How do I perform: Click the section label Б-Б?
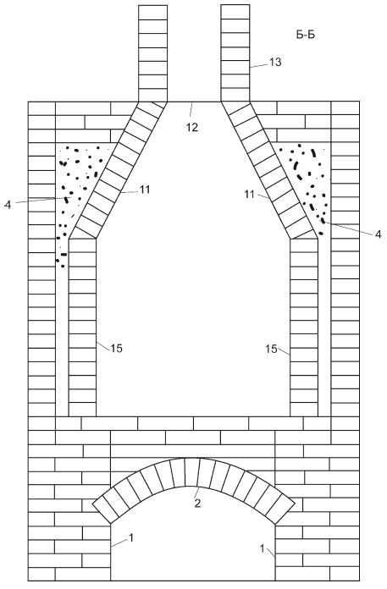pos(305,35)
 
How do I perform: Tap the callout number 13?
pos(275,63)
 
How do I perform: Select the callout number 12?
pos(191,127)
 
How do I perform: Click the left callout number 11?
pos(145,190)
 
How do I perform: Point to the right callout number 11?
pos(249,195)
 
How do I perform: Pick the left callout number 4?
pos(8,205)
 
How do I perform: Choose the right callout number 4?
pos(378,234)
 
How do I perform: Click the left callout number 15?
pos(117,349)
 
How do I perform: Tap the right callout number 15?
pos(271,349)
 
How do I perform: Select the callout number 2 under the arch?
pos(197,504)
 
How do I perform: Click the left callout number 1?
pos(131,538)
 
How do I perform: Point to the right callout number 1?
pos(263,548)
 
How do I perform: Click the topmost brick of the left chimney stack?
pos(152,12)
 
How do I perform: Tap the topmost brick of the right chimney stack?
pos(235,12)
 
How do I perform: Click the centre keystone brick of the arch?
pos(192,472)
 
